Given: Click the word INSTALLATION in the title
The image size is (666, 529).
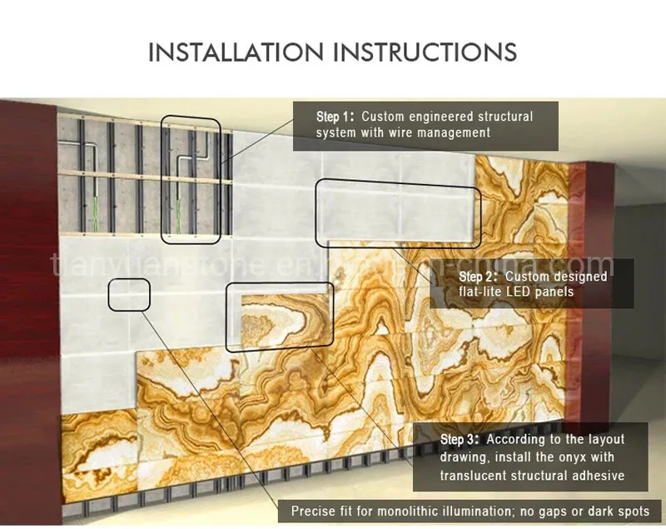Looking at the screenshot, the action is coord(236,52).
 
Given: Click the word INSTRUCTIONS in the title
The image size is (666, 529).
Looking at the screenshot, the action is coord(425,52).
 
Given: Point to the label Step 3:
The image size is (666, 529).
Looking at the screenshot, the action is coord(460,439).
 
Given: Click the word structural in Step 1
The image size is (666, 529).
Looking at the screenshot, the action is coord(505,117).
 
